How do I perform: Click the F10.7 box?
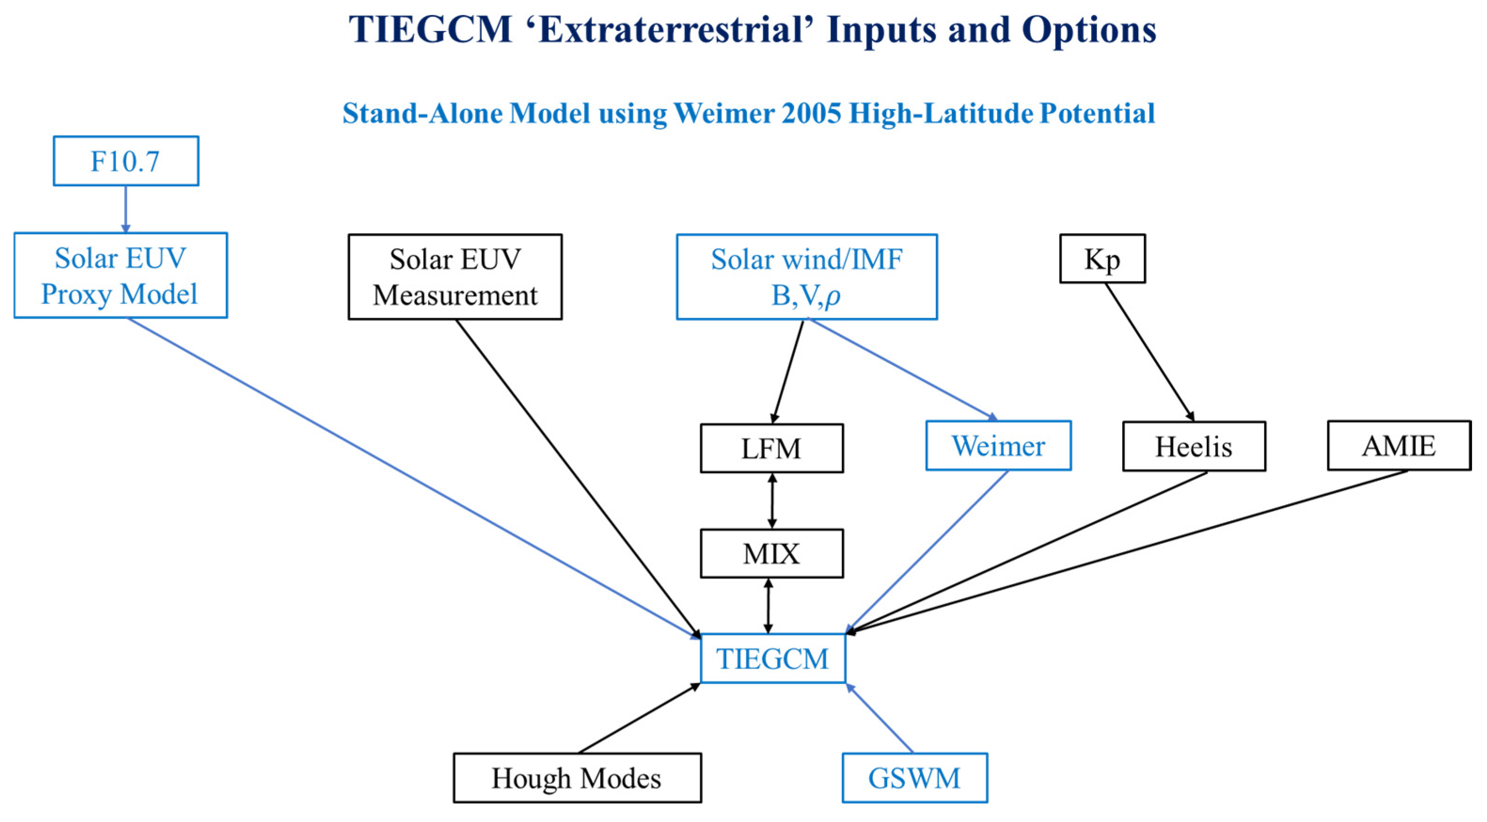pos(126,161)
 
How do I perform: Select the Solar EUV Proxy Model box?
pos(121,276)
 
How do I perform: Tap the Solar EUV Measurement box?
pos(455,277)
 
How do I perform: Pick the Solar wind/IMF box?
pos(806,277)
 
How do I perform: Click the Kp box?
pos(1102,259)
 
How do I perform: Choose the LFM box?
pos(771,449)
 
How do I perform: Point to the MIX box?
pos(771,553)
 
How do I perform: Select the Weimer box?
pos(998,446)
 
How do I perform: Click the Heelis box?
pos(1194,446)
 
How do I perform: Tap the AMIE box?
pos(1399,446)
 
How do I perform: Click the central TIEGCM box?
pos(772,659)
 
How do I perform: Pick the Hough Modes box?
pos(577,777)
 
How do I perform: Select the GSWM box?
pos(914,777)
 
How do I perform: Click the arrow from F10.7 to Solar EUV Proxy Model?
pos(126,209)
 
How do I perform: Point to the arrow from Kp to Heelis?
pos(1149,352)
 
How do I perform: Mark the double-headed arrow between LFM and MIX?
pos(772,501)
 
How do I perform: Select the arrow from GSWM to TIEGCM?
pos(880,718)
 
